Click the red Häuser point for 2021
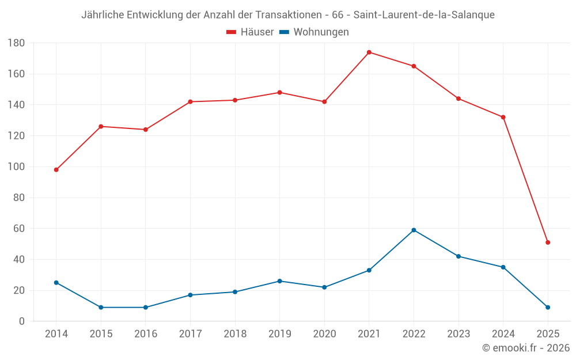click(369, 52)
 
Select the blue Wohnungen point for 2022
click(414, 230)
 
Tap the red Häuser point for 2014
click(56, 170)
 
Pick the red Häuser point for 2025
click(548, 242)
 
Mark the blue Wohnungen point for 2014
click(56, 283)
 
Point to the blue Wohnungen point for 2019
click(280, 281)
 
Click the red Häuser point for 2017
click(190, 102)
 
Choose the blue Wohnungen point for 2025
click(548, 308)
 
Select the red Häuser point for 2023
click(458, 98)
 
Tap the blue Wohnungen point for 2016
click(146, 308)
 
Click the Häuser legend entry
click(250, 32)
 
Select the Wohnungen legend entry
click(314, 32)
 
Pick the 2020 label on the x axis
click(324, 334)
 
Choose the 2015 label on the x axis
click(101, 334)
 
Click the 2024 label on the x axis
click(503, 334)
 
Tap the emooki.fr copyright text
click(526, 348)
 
